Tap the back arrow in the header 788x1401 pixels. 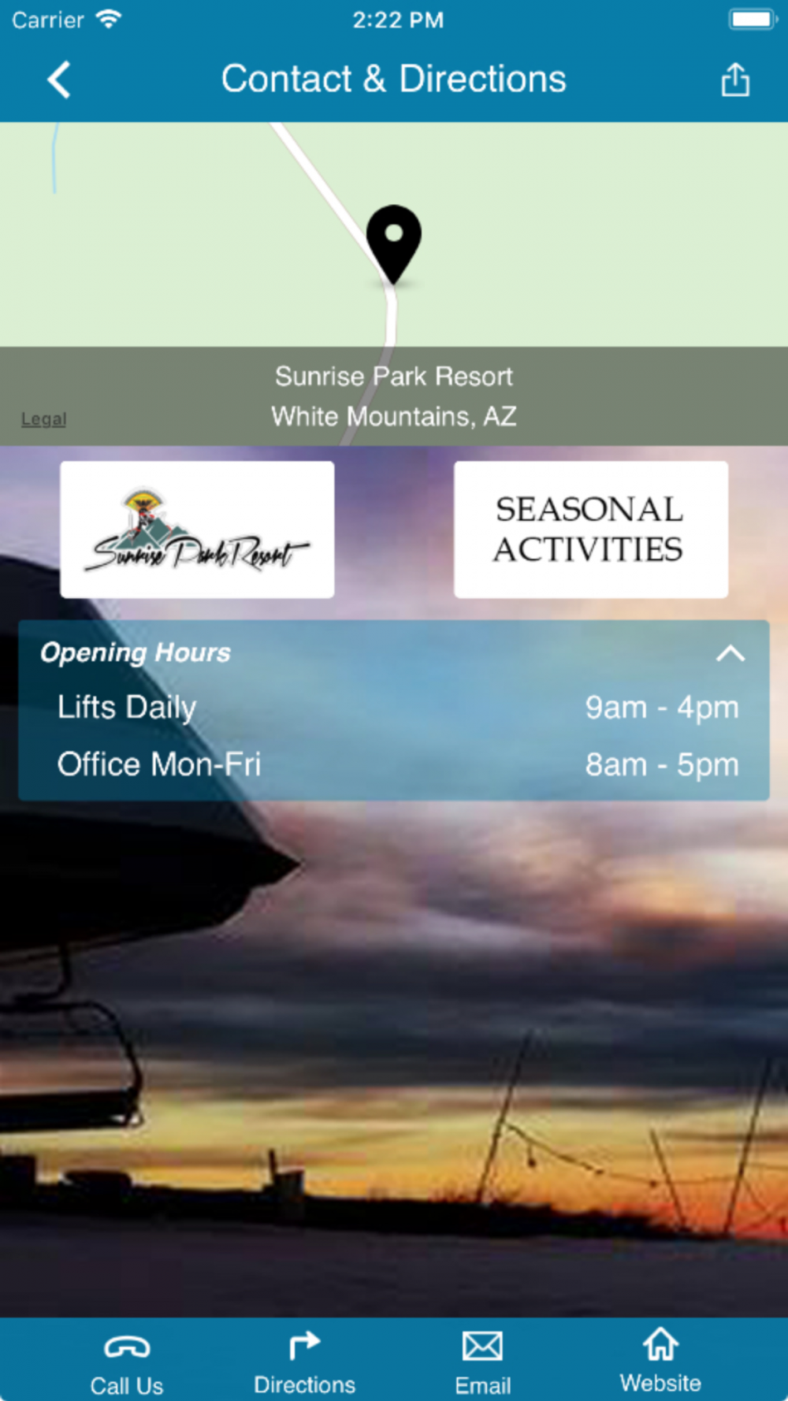click(x=59, y=80)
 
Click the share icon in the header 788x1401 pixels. click(x=735, y=80)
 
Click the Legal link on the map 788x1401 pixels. click(x=44, y=419)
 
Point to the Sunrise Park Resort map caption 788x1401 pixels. click(x=394, y=377)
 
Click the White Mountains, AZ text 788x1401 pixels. click(x=394, y=416)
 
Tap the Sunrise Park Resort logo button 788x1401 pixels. click(x=197, y=530)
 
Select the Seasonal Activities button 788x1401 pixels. click(x=591, y=530)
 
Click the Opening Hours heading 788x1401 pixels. click(x=136, y=652)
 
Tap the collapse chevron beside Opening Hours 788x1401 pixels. click(x=730, y=653)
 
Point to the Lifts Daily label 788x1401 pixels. click(x=127, y=708)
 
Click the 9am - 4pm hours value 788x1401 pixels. click(x=662, y=708)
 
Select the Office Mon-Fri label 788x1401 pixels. click(x=159, y=764)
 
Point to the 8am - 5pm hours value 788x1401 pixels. click(x=662, y=765)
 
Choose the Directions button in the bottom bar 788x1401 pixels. click(x=304, y=1363)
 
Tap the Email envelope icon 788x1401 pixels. click(x=482, y=1346)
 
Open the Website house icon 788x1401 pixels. click(x=660, y=1344)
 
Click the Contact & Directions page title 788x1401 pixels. click(x=394, y=79)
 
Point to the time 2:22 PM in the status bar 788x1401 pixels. click(x=398, y=20)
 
